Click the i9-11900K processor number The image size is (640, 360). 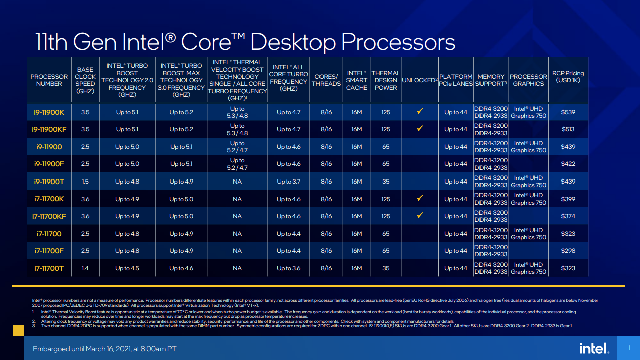[x=49, y=112]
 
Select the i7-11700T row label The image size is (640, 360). [x=49, y=268]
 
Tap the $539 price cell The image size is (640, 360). [x=568, y=112]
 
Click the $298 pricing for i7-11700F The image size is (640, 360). [x=568, y=251]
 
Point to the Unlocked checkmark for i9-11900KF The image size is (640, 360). [x=420, y=129]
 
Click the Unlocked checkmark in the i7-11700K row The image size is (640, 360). [x=420, y=199]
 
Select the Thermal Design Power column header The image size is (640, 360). [x=385, y=80]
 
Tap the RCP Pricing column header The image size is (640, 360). [x=568, y=77]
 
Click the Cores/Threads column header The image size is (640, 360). [x=326, y=80]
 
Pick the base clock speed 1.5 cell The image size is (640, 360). [x=85, y=182]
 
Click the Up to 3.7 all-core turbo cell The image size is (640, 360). [x=288, y=182]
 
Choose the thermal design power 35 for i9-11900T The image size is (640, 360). [x=385, y=182]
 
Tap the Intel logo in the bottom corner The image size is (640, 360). [x=594, y=348]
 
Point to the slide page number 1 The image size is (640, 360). [x=629, y=348]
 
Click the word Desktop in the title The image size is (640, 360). [x=293, y=42]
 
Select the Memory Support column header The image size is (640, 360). [x=491, y=80]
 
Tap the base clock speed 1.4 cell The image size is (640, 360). [x=85, y=268]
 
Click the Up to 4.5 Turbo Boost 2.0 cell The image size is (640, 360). [x=127, y=268]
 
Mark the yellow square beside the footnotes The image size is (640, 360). [x=18, y=330]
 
